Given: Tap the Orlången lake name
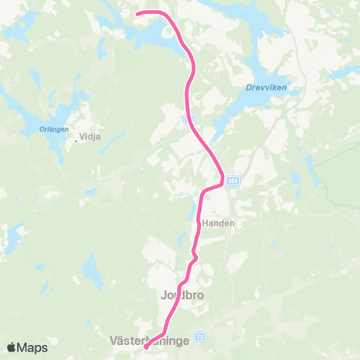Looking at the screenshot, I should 53,129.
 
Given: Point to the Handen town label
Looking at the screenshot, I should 218,223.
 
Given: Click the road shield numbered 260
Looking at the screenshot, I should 233,180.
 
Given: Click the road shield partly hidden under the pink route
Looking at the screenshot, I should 189,118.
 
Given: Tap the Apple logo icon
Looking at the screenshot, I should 12,347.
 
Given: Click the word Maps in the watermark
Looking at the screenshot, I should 33,347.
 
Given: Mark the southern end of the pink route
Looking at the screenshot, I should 145,346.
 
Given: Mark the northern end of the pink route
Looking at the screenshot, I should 137,13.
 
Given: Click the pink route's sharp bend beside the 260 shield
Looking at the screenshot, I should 222,180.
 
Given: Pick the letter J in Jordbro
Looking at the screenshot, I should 163,295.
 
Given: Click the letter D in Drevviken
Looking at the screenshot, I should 248,87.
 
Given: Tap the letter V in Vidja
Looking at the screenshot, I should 85,137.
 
